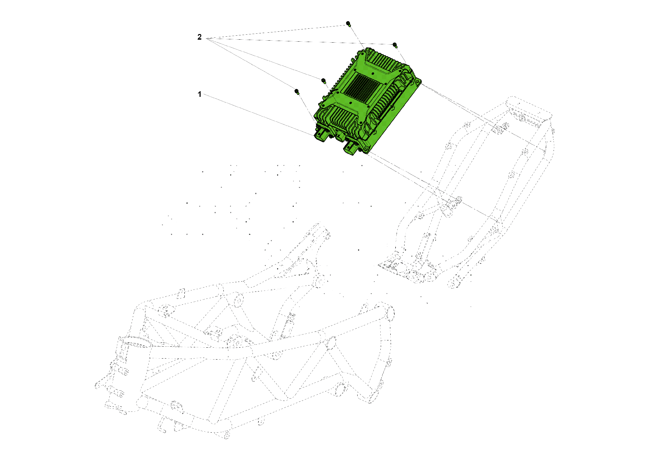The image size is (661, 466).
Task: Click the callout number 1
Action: coord(199,94)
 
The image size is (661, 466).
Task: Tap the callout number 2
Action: coord(199,37)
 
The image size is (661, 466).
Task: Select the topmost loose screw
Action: coord(348,24)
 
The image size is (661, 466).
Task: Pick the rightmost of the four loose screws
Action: coord(395,45)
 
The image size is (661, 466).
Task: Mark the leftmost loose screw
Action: coord(297,92)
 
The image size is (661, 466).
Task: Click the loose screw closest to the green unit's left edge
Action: coord(324,81)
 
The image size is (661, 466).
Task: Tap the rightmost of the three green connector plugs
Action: coord(351,147)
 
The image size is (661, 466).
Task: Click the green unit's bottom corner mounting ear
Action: coord(366,150)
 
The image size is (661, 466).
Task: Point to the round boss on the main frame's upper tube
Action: coord(237,300)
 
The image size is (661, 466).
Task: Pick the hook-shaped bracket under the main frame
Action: coord(162,425)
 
